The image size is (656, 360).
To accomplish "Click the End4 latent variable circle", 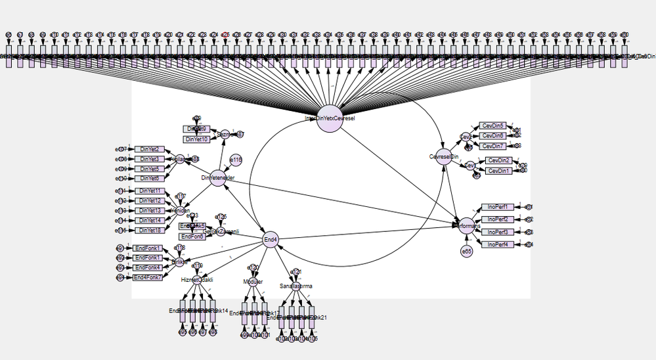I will click(270, 239).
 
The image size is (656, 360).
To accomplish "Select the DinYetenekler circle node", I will click(217, 177).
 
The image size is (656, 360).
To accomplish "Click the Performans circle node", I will click(466, 226).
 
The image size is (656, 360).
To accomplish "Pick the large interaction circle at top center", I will click(330, 118).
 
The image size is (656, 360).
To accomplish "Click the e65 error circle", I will click(466, 251).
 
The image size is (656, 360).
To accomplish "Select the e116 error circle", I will click(236, 160).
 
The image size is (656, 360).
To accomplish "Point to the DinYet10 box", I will click(197, 139).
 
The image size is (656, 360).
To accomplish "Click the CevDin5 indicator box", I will click(492, 126).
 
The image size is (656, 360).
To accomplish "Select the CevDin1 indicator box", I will click(499, 171).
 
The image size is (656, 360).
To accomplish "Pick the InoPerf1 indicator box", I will click(498, 207).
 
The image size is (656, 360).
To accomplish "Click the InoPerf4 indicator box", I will click(498, 244).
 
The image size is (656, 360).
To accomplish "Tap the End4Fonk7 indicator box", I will click(148, 278).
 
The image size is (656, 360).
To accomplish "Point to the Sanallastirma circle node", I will click(295, 286).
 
